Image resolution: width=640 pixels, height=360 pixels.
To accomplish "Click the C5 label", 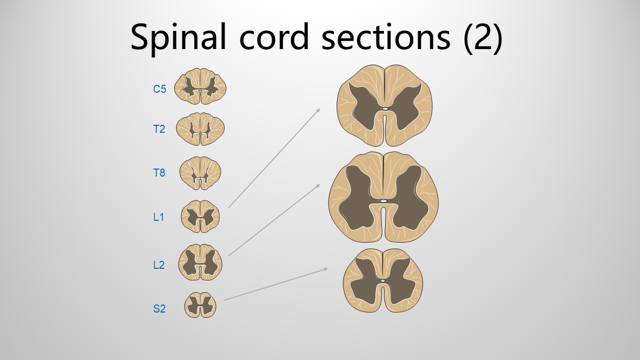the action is point(159,89).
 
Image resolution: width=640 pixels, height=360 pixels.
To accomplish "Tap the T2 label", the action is point(159,130).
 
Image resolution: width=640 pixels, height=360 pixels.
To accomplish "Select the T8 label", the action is point(159,173).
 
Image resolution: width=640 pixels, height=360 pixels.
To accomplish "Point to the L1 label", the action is point(158,217).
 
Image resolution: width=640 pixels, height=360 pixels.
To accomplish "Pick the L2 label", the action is point(159,265).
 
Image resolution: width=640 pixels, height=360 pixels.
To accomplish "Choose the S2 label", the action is point(159,309).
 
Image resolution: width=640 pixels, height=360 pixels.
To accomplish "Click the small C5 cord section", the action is point(201,86).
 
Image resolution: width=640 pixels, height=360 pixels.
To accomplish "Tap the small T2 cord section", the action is point(201,129).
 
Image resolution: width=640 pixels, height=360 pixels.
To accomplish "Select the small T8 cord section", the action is point(201,173).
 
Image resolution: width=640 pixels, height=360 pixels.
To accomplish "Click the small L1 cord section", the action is point(201,217).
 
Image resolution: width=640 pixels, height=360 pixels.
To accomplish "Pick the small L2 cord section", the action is point(201,262).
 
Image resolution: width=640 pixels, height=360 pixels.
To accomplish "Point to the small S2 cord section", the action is point(201,305).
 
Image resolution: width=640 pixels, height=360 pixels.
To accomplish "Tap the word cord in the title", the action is point(274,37).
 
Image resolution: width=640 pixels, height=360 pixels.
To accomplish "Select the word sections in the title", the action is point(386,37).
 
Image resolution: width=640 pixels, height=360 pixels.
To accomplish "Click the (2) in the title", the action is point(483,38).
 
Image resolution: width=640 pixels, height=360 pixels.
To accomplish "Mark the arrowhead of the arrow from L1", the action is point(318,110).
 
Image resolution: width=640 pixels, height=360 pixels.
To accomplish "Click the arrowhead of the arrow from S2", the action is point(325,269).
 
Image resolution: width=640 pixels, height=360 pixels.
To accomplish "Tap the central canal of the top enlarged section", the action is point(385,109).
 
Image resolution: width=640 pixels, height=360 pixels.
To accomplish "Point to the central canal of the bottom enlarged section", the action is point(383,281).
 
